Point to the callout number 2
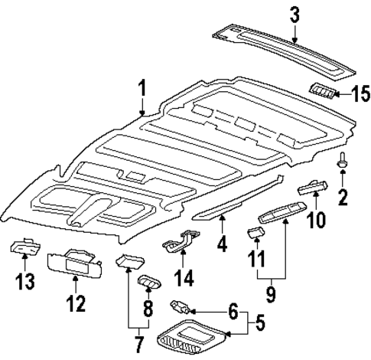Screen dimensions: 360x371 coord(343,198)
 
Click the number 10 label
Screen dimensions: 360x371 coord(315,220)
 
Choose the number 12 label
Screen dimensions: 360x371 coord(75,304)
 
